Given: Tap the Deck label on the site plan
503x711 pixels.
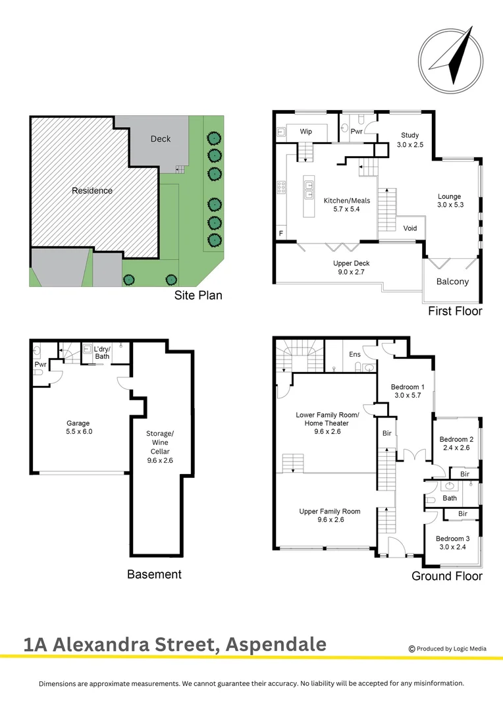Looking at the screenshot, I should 160,139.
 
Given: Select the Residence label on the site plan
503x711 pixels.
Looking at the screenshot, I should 92,191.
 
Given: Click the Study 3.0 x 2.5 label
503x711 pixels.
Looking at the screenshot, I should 410,140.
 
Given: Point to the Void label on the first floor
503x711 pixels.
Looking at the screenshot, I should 410,228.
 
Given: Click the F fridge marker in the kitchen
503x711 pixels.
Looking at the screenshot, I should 282,233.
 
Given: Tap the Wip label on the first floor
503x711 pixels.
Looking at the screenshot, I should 306,132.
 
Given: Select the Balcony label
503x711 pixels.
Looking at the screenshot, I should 453,282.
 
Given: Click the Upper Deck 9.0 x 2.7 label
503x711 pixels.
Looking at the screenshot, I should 351,267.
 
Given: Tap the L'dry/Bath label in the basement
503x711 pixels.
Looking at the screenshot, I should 102,353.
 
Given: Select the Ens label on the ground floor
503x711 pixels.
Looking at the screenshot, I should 355,354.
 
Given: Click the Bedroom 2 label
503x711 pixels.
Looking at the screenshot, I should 458,443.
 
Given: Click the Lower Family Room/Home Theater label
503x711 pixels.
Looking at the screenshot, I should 327,419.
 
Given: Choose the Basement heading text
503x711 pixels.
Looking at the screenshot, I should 154,574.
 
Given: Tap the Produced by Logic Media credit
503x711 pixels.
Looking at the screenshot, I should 448,648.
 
